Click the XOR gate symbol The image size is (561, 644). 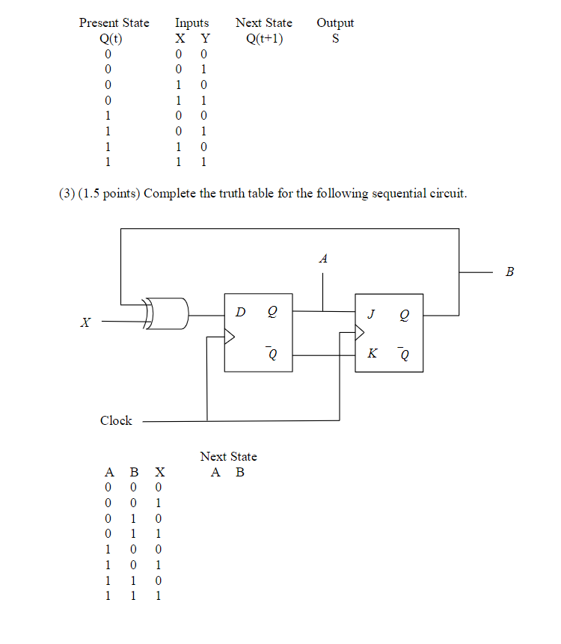tap(168, 313)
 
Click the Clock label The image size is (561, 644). tap(116, 420)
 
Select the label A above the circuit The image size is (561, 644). tap(322, 259)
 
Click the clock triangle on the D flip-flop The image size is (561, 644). tap(231, 337)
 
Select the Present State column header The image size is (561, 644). tap(114, 23)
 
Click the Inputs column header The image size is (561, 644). tap(192, 23)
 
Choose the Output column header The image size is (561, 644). tap(335, 23)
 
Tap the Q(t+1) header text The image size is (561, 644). tap(264, 38)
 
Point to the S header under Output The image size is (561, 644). tap(335, 38)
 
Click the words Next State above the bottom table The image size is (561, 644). tap(228, 456)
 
